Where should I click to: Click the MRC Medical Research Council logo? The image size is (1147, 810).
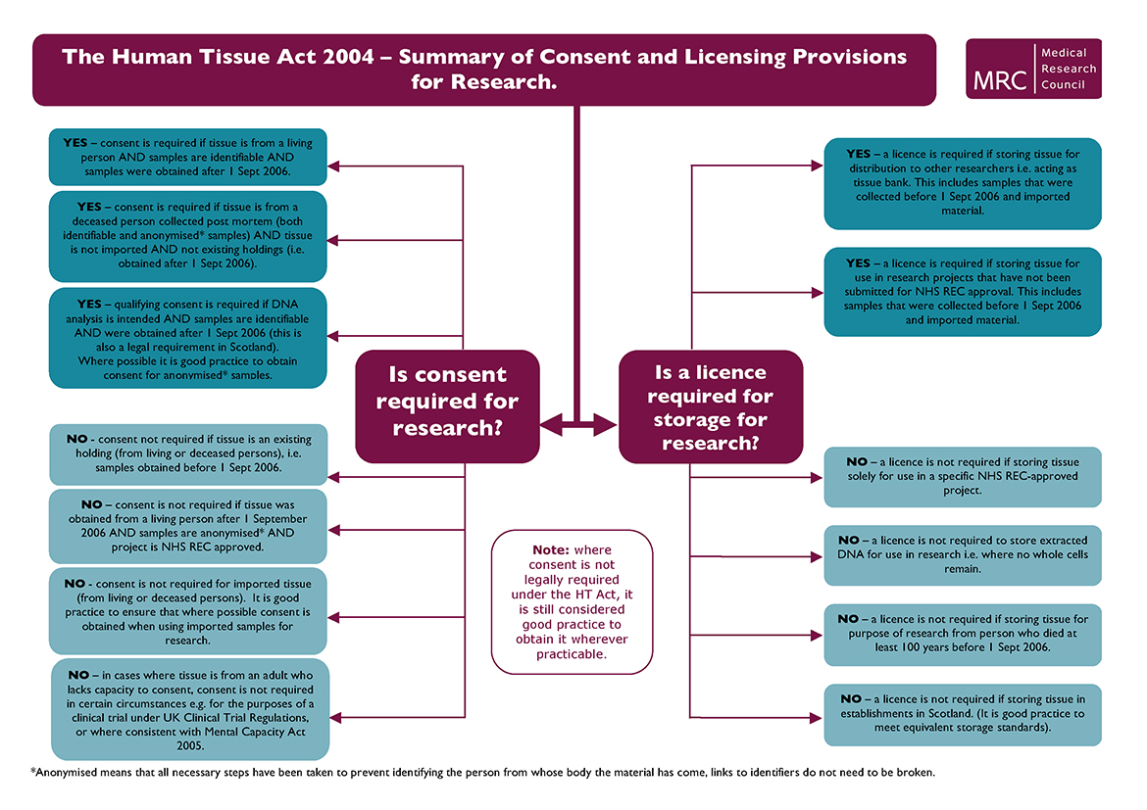pos(1033,69)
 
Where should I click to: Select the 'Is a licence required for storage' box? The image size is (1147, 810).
pos(710,406)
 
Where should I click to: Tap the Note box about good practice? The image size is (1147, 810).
pos(572,601)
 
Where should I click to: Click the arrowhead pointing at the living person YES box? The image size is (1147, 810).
pos(332,166)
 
